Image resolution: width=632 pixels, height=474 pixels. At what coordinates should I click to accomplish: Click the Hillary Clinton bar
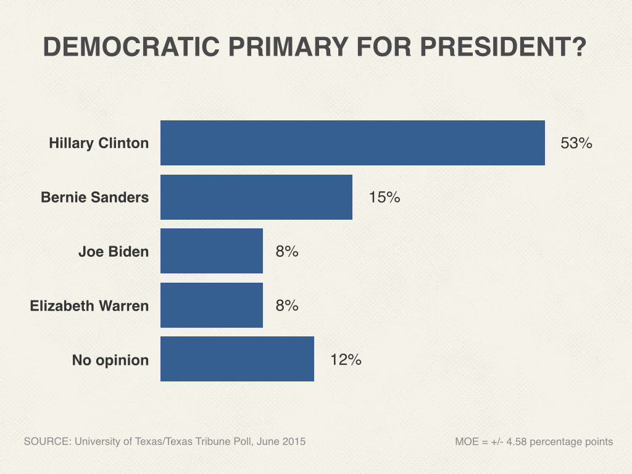[x=352, y=143]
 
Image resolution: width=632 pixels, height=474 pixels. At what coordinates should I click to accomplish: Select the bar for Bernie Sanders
[x=256, y=197]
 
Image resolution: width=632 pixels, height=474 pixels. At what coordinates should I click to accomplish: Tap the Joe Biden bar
[x=212, y=251]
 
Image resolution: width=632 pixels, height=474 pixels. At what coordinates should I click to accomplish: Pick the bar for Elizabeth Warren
[x=212, y=305]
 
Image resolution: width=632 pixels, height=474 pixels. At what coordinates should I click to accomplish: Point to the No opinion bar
[x=237, y=359]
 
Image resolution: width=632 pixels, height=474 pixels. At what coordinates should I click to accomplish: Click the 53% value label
[x=576, y=143]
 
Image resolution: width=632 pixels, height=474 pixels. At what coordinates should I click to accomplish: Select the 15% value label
[x=385, y=197]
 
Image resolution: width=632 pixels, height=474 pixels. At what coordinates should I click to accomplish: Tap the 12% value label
[x=346, y=359]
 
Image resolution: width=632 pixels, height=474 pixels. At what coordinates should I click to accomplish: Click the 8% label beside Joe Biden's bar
[x=287, y=251]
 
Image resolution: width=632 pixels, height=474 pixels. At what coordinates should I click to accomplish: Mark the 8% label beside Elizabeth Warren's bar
[x=287, y=305]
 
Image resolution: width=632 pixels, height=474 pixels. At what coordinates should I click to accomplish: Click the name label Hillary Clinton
[x=99, y=143]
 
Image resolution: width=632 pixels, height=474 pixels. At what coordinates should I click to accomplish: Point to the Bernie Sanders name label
[x=94, y=197]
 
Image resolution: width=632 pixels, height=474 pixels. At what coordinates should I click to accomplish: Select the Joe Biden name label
[x=114, y=251]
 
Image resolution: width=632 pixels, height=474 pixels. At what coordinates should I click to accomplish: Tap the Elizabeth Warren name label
[x=89, y=306]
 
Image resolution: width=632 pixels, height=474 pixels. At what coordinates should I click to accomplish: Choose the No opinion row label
[x=110, y=360]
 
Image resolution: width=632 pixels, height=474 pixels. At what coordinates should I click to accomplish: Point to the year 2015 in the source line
[x=293, y=442]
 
